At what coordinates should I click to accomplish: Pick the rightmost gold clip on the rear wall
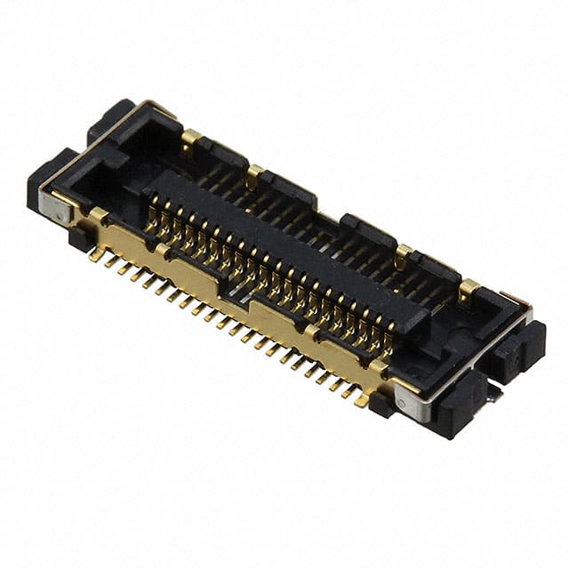(x=468, y=290)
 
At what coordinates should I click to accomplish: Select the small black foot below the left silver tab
(x=78, y=237)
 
